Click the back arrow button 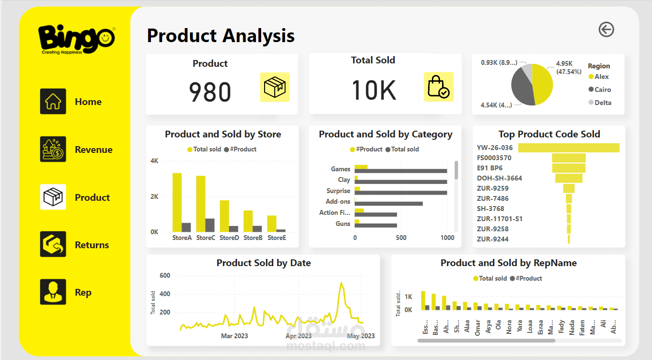click(606, 30)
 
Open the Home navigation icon click(53, 102)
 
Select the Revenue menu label click(93, 150)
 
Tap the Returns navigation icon click(53, 244)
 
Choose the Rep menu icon click(53, 292)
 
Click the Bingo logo click(76, 39)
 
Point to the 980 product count click(210, 92)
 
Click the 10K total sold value click(373, 90)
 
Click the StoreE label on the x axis click(277, 238)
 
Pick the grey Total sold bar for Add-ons click(389, 204)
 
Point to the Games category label click(341, 169)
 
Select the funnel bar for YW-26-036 click(569, 148)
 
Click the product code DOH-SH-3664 click(499, 178)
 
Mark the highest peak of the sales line click(341, 283)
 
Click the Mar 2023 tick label click(234, 336)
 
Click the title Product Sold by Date click(264, 263)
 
